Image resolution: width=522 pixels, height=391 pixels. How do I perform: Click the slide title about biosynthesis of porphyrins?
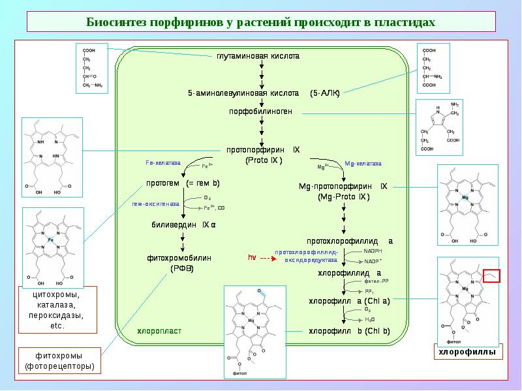click(x=260, y=22)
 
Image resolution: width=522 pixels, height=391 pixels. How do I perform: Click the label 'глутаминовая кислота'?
click(x=258, y=56)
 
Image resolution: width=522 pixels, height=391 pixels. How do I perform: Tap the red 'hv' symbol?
click(x=251, y=257)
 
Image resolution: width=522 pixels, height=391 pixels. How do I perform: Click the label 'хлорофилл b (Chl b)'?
click(x=349, y=331)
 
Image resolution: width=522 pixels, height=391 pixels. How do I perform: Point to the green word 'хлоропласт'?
click(x=159, y=331)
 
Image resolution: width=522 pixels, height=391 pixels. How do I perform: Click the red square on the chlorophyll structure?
click(x=491, y=276)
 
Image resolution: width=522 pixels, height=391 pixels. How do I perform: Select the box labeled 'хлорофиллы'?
click(x=467, y=353)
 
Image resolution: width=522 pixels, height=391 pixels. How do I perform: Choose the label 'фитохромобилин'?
click(x=179, y=258)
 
